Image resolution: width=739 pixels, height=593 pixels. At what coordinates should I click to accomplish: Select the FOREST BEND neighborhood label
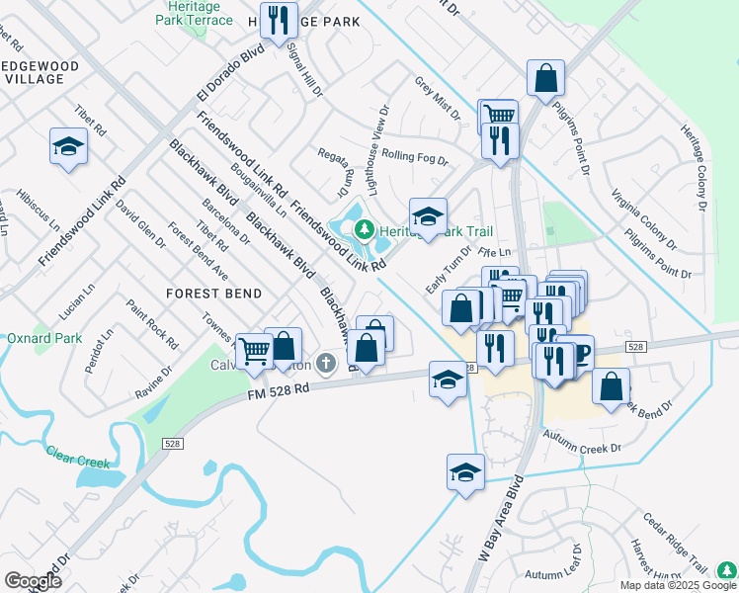click(x=213, y=294)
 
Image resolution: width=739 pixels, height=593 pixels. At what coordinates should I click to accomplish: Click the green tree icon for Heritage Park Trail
click(x=365, y=230)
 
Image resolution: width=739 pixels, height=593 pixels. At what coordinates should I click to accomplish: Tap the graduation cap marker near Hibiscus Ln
click(x=68, y=147)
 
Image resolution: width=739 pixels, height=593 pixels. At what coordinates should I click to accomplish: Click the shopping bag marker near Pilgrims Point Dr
click(x=545, y=77)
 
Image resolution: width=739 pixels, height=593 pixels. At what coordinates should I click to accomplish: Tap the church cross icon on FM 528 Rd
click(x=328, y=366)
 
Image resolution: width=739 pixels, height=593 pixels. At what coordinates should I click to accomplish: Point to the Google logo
click(x=33, y=581)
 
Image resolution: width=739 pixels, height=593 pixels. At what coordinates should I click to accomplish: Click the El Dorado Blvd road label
click(x=231, y=70)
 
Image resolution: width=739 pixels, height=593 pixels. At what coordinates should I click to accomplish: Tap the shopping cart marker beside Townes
click(x=255, y=349)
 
